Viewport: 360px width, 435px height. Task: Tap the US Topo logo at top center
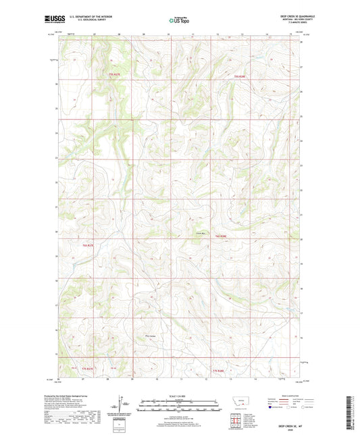[178, 21]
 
